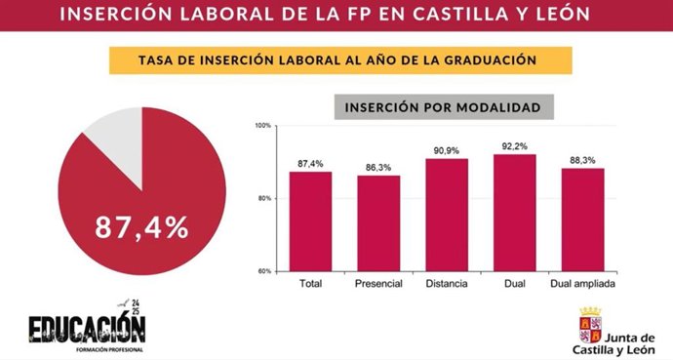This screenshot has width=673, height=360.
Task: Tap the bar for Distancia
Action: (446, 214)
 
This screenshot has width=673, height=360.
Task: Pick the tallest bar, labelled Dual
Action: (515, 212)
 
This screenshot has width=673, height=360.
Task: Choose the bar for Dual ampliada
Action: (582, 219)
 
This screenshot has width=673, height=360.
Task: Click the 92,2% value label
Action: (515, 145)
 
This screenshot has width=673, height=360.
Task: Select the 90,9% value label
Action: (446, 150)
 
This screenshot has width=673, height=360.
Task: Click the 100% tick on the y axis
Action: (263, 126)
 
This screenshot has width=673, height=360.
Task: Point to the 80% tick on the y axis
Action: (265, 198)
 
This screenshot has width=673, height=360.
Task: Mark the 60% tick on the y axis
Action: (265, 270)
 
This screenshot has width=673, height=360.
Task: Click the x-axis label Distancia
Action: (446, 285)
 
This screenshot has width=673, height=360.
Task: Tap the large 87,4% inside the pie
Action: (141, 227)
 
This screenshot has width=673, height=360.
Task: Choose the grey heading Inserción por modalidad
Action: (444, 106)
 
